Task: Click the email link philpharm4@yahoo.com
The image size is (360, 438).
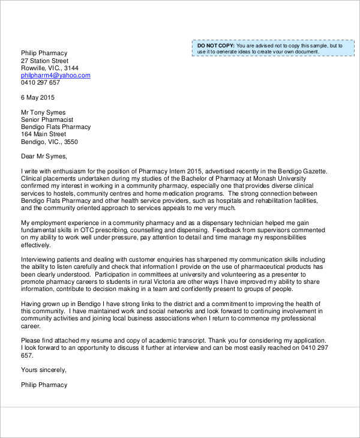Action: click(x=55, y=76)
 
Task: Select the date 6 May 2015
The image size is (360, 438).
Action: click(x=37, y=97)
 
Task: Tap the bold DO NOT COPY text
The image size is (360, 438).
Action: click(x=215, y=46)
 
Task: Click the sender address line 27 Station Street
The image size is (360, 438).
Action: click(x=44, y=61)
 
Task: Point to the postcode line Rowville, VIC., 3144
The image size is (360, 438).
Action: click(x=49, y=68)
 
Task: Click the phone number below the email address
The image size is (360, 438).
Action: click(x=40, y=83)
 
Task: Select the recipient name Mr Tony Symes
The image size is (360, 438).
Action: click(x=43, y=112)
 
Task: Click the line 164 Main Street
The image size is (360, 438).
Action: click(x=43, y=134)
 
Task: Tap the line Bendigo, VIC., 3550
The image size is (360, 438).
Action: click(x=49, y=142)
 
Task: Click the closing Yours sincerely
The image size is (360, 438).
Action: click(x=43, y=370)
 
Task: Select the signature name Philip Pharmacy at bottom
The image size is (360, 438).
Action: click(x=44, y=385)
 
